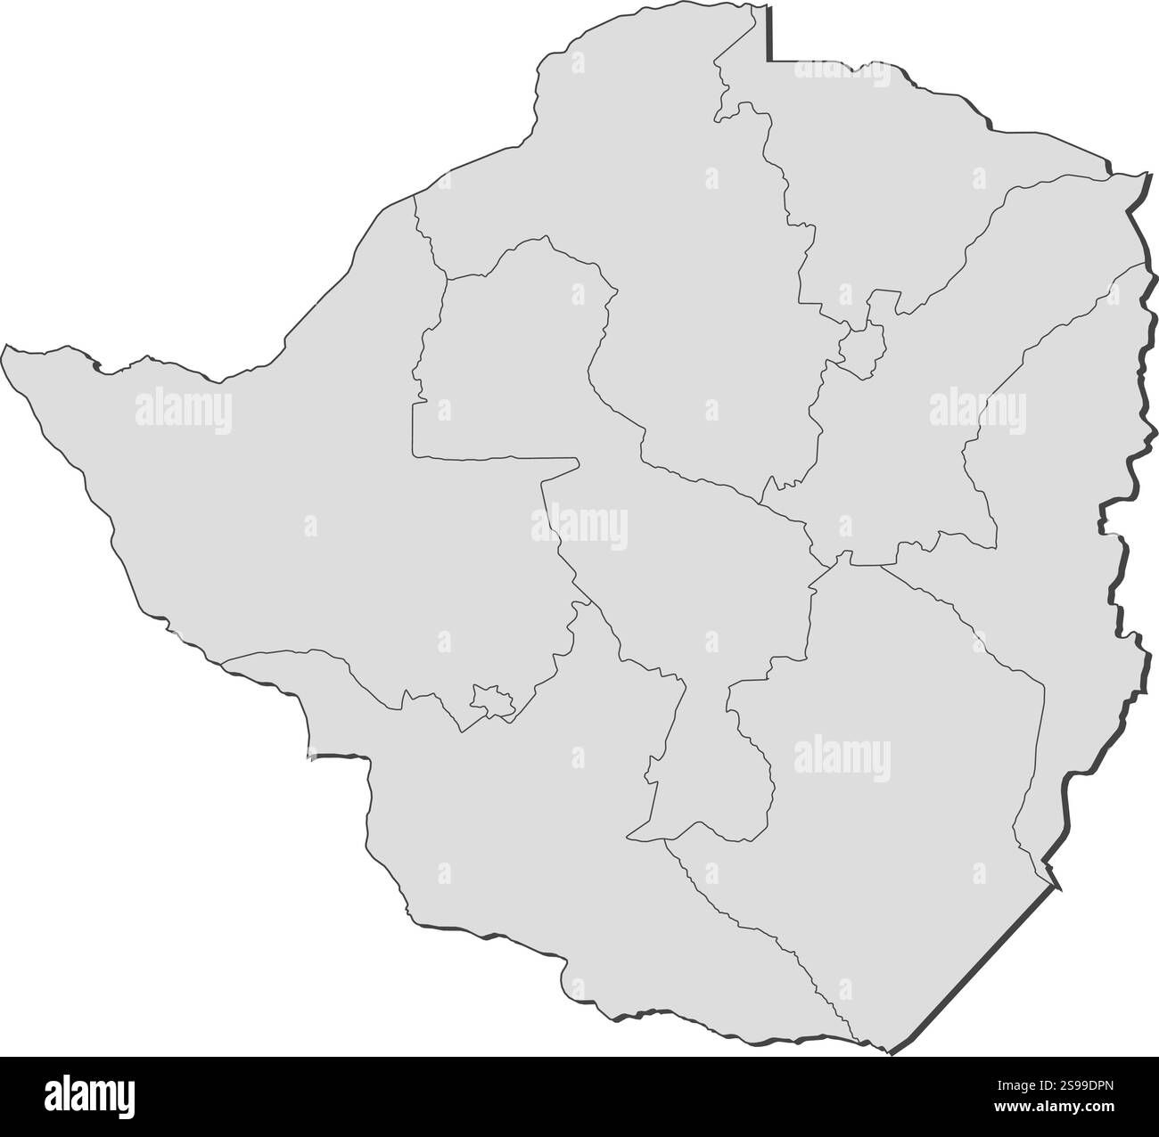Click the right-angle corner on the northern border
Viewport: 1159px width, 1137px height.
[x=772, y=61]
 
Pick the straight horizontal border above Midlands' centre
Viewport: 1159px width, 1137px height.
[x=495, y=458]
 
